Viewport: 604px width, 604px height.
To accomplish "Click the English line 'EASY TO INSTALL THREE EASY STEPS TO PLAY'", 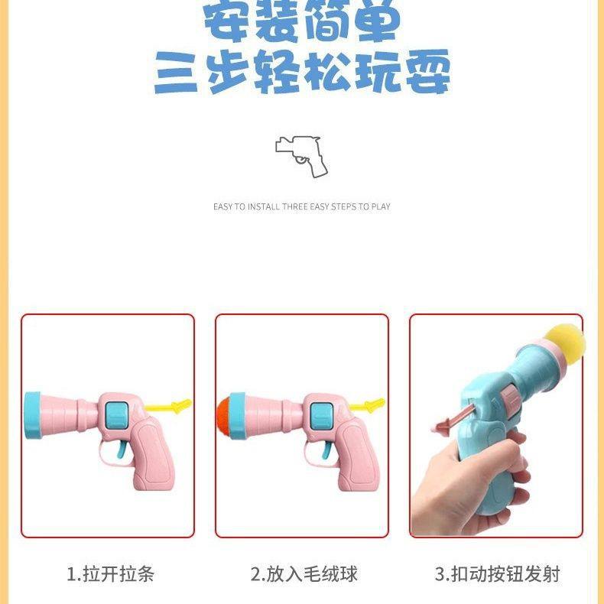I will click(302, 206).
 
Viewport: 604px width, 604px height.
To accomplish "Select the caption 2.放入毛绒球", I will click(304, 574).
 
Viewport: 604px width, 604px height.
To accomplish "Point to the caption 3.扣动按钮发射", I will click(497, 574).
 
